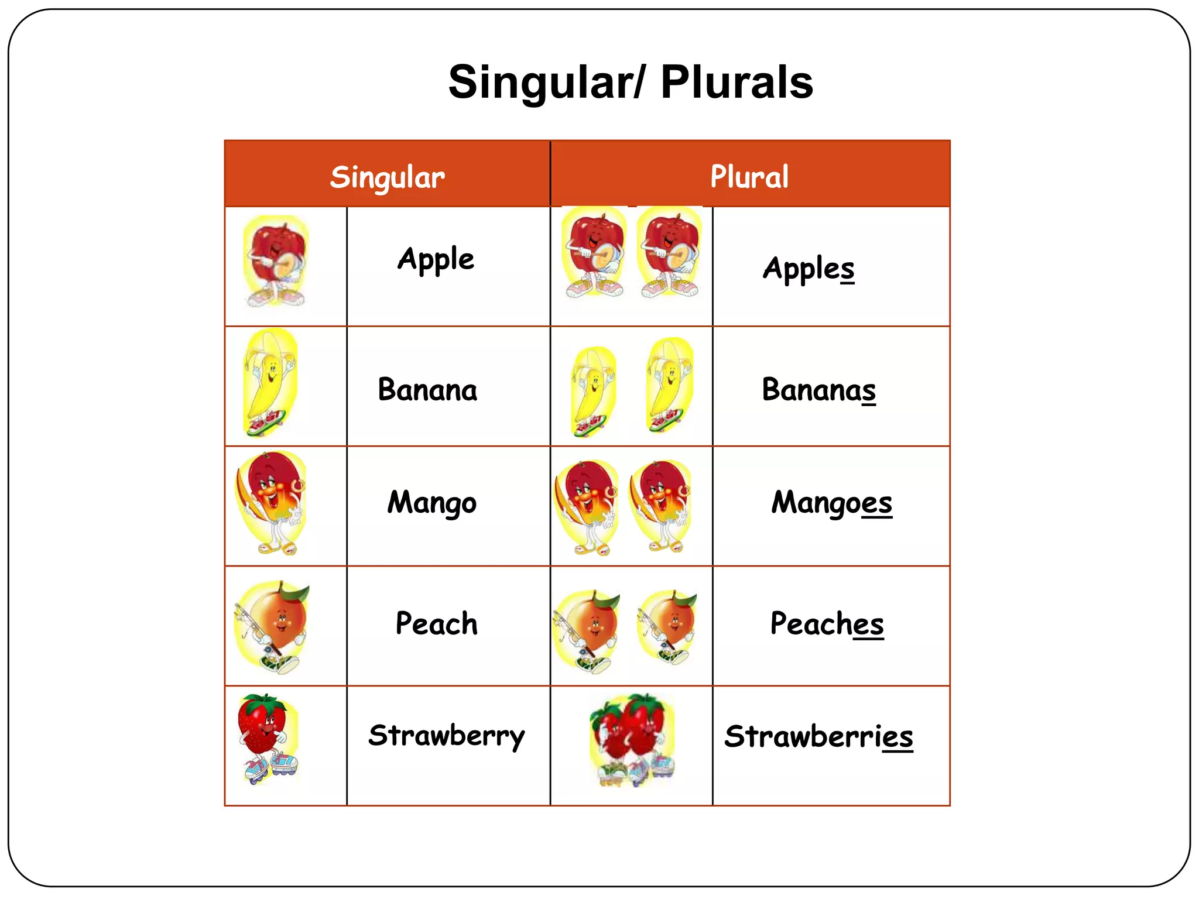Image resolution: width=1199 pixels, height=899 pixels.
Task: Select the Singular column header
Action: pyautogui.click(x=387, y=177)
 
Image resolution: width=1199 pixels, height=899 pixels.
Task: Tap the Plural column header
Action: pyautogui.click(x=749, y=176)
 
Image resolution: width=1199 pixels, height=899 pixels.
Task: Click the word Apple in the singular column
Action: pyautogui.click(x=436, y=259)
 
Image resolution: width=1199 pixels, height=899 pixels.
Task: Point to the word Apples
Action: pyautogui.click(x=808, y=269)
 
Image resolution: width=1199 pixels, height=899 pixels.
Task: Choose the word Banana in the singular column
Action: pyautogui.click(x=427, y=390)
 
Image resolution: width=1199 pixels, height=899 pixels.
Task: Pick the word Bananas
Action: pyautogui.click(x=818, y=390)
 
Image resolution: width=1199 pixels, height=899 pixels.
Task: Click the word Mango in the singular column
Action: pyautogui.click(x=432, y=503)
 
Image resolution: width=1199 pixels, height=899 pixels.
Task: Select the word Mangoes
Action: pyautogui.click(x=831, y=503)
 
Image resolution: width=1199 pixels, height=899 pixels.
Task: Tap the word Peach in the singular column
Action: pyautogui.click(x=436, y=623)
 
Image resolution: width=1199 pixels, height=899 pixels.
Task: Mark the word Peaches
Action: pyautogui.click(x=827, y=623)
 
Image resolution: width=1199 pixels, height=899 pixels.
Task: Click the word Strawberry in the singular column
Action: pyautogui.click(x=446, y=736)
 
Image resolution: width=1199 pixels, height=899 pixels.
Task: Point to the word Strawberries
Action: pyautogui.click(x=818, y=736)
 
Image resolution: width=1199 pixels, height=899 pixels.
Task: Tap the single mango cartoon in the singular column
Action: pyautogui.click(x=271, y=503)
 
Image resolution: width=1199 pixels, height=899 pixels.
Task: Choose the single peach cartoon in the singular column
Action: pyautogui.click(x=272, y=626)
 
